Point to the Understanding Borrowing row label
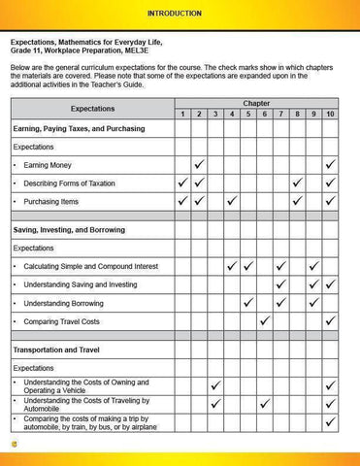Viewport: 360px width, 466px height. click(x=67, y=303)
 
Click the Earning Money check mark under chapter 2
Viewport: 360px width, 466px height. click(x=199, y=164)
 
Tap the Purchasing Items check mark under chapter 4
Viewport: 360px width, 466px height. click(x=232, y=201)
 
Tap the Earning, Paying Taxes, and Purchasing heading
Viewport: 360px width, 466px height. click(x=78, y=128)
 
